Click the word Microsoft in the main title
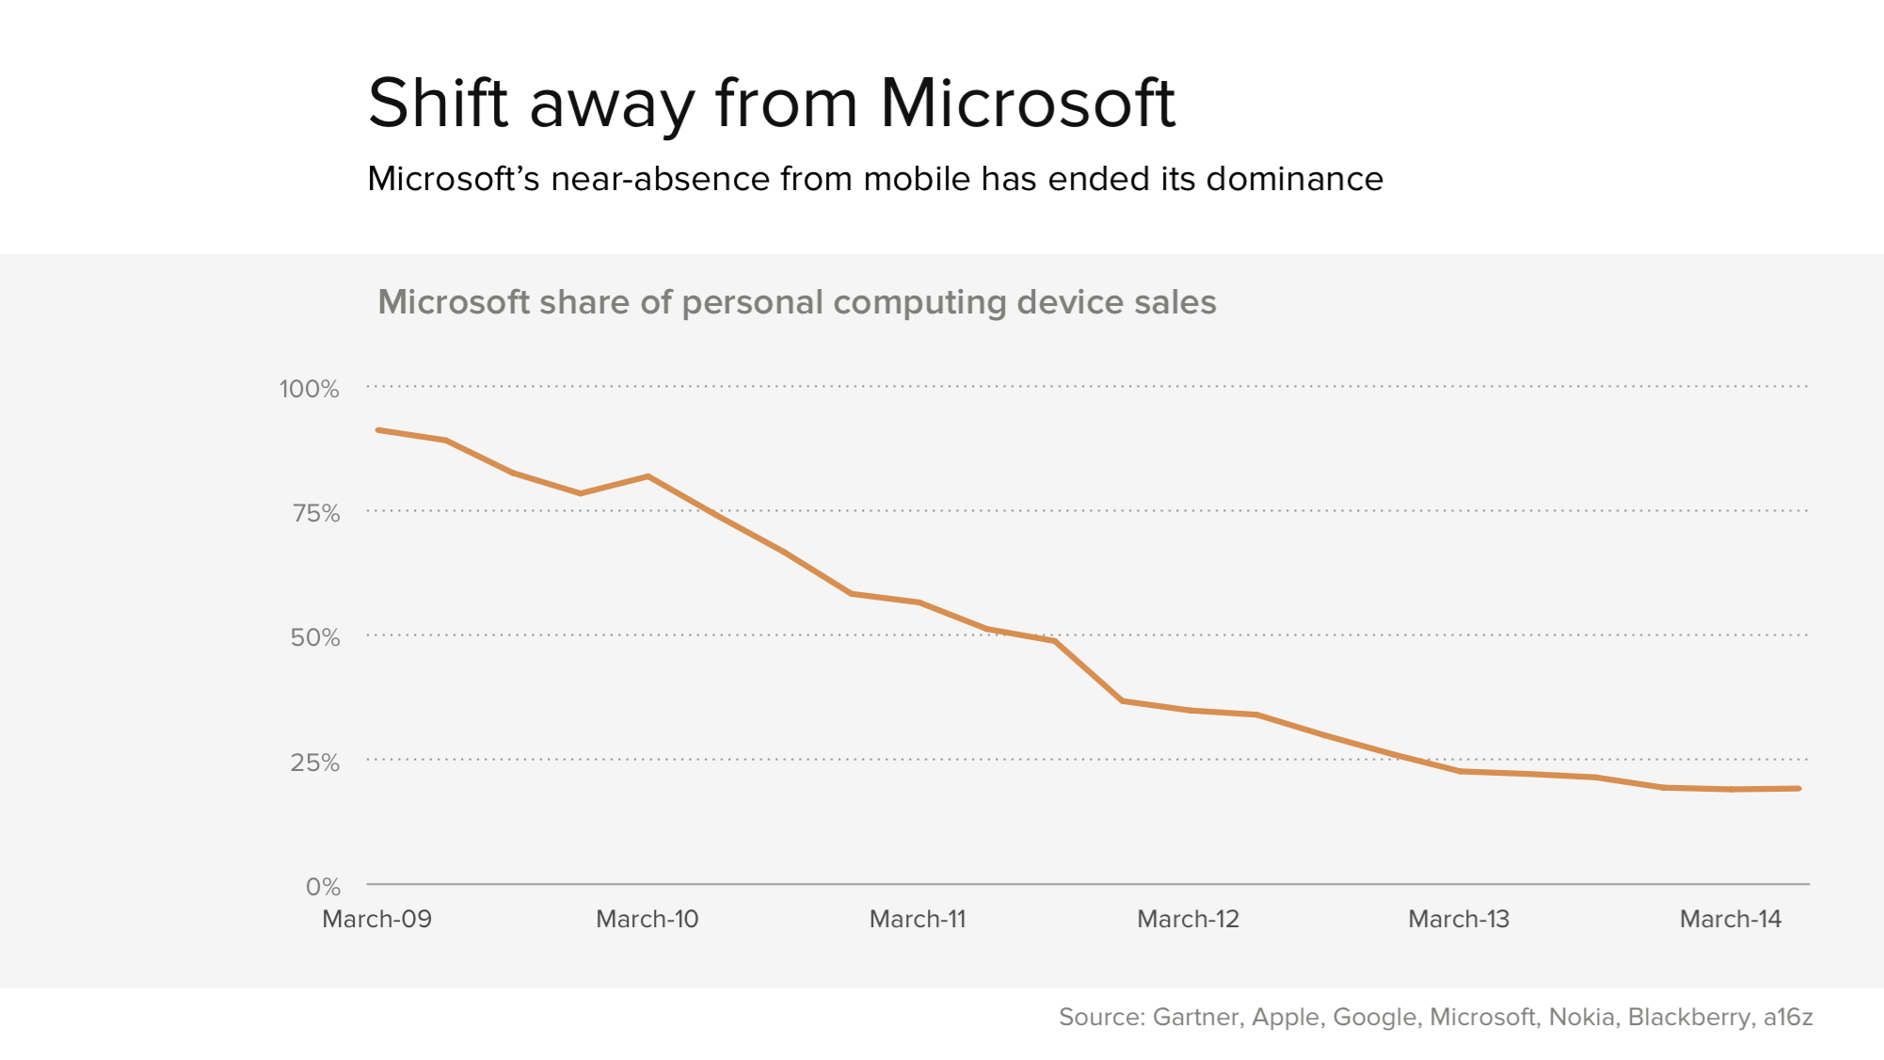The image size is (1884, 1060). pos(1027,103)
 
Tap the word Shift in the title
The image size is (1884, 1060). pos(438,103)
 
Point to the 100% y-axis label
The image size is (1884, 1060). pos(309,389)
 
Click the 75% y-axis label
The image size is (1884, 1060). pos(315,513)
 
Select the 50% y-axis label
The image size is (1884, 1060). pos(314,637)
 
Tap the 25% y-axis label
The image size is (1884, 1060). pos(314,762)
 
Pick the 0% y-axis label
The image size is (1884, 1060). pos(323,886)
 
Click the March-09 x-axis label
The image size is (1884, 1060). pos(376,919)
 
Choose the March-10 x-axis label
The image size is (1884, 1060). pos(647,919)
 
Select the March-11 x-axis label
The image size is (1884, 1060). pos(918,919)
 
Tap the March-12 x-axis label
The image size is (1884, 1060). pos(1188,919)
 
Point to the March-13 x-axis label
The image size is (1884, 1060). pos(1459,919)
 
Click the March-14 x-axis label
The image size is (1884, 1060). pos(1731,919)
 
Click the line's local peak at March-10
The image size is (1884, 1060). pos(648,476)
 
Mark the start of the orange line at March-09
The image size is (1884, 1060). pos(378,430)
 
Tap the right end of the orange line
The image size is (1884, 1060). pos(1798,789)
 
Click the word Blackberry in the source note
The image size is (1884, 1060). pos(1690,1017)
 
